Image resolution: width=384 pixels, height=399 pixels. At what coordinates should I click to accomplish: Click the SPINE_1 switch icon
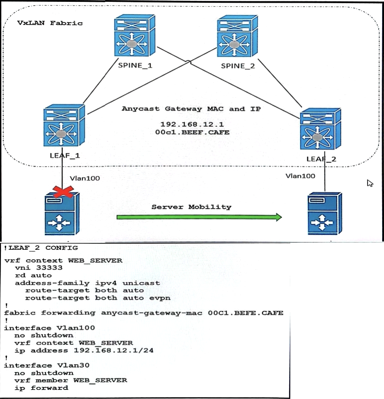pos(135,35)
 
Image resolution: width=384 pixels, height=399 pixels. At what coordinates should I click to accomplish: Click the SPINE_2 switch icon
pos(237,36)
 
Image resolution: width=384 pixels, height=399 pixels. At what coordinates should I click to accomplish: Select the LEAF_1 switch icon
pos(64,125)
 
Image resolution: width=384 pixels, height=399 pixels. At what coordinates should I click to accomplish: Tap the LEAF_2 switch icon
pos(320,129)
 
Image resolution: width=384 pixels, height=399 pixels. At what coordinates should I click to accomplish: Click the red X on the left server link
pos(63,192)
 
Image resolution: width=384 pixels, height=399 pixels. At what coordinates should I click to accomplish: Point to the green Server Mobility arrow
pos(199,217)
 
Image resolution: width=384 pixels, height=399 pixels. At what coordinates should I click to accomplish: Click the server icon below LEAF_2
pos(325,213)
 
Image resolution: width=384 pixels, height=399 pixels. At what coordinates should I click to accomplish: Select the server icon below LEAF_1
pos(62,213)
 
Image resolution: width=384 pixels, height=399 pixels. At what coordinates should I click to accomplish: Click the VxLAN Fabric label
pos(50,23)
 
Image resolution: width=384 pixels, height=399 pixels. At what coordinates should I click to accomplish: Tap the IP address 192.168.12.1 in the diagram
pos(192,125)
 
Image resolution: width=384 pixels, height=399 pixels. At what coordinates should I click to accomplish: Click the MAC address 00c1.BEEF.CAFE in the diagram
pos(192,132)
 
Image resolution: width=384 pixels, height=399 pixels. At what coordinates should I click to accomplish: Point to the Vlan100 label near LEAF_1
pos(85,178)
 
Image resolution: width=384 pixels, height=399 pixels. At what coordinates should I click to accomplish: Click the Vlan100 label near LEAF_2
pos(300,176)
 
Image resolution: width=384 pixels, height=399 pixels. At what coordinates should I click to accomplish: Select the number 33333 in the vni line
pos(49,268)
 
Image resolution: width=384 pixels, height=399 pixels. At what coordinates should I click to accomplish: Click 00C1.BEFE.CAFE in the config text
pos(246,313)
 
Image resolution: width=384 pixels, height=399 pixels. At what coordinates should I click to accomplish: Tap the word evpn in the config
pos(160,298)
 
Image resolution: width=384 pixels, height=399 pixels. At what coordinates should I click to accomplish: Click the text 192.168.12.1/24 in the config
pos(113,350)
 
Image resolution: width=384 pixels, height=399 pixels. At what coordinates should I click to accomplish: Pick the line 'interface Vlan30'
pos(46,365)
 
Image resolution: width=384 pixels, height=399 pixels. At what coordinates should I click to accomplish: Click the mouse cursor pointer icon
pos(370,183)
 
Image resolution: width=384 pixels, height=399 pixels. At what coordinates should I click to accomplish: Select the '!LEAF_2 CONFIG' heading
pos(40,248)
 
